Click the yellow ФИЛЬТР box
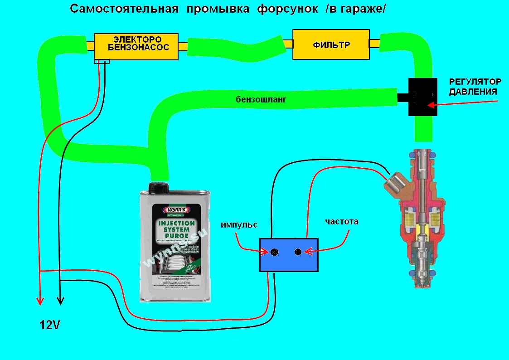point(331,44)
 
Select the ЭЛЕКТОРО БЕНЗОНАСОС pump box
point(136,46)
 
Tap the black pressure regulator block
point(422,97)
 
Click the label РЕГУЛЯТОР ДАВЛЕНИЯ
point(475,87)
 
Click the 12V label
point(49,325)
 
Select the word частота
point(342,222)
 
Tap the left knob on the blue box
point(274,253)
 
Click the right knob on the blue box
point(298,252)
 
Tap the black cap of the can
point(160,186)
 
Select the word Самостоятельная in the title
point(124,9)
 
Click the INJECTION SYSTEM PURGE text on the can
point(177,229)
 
